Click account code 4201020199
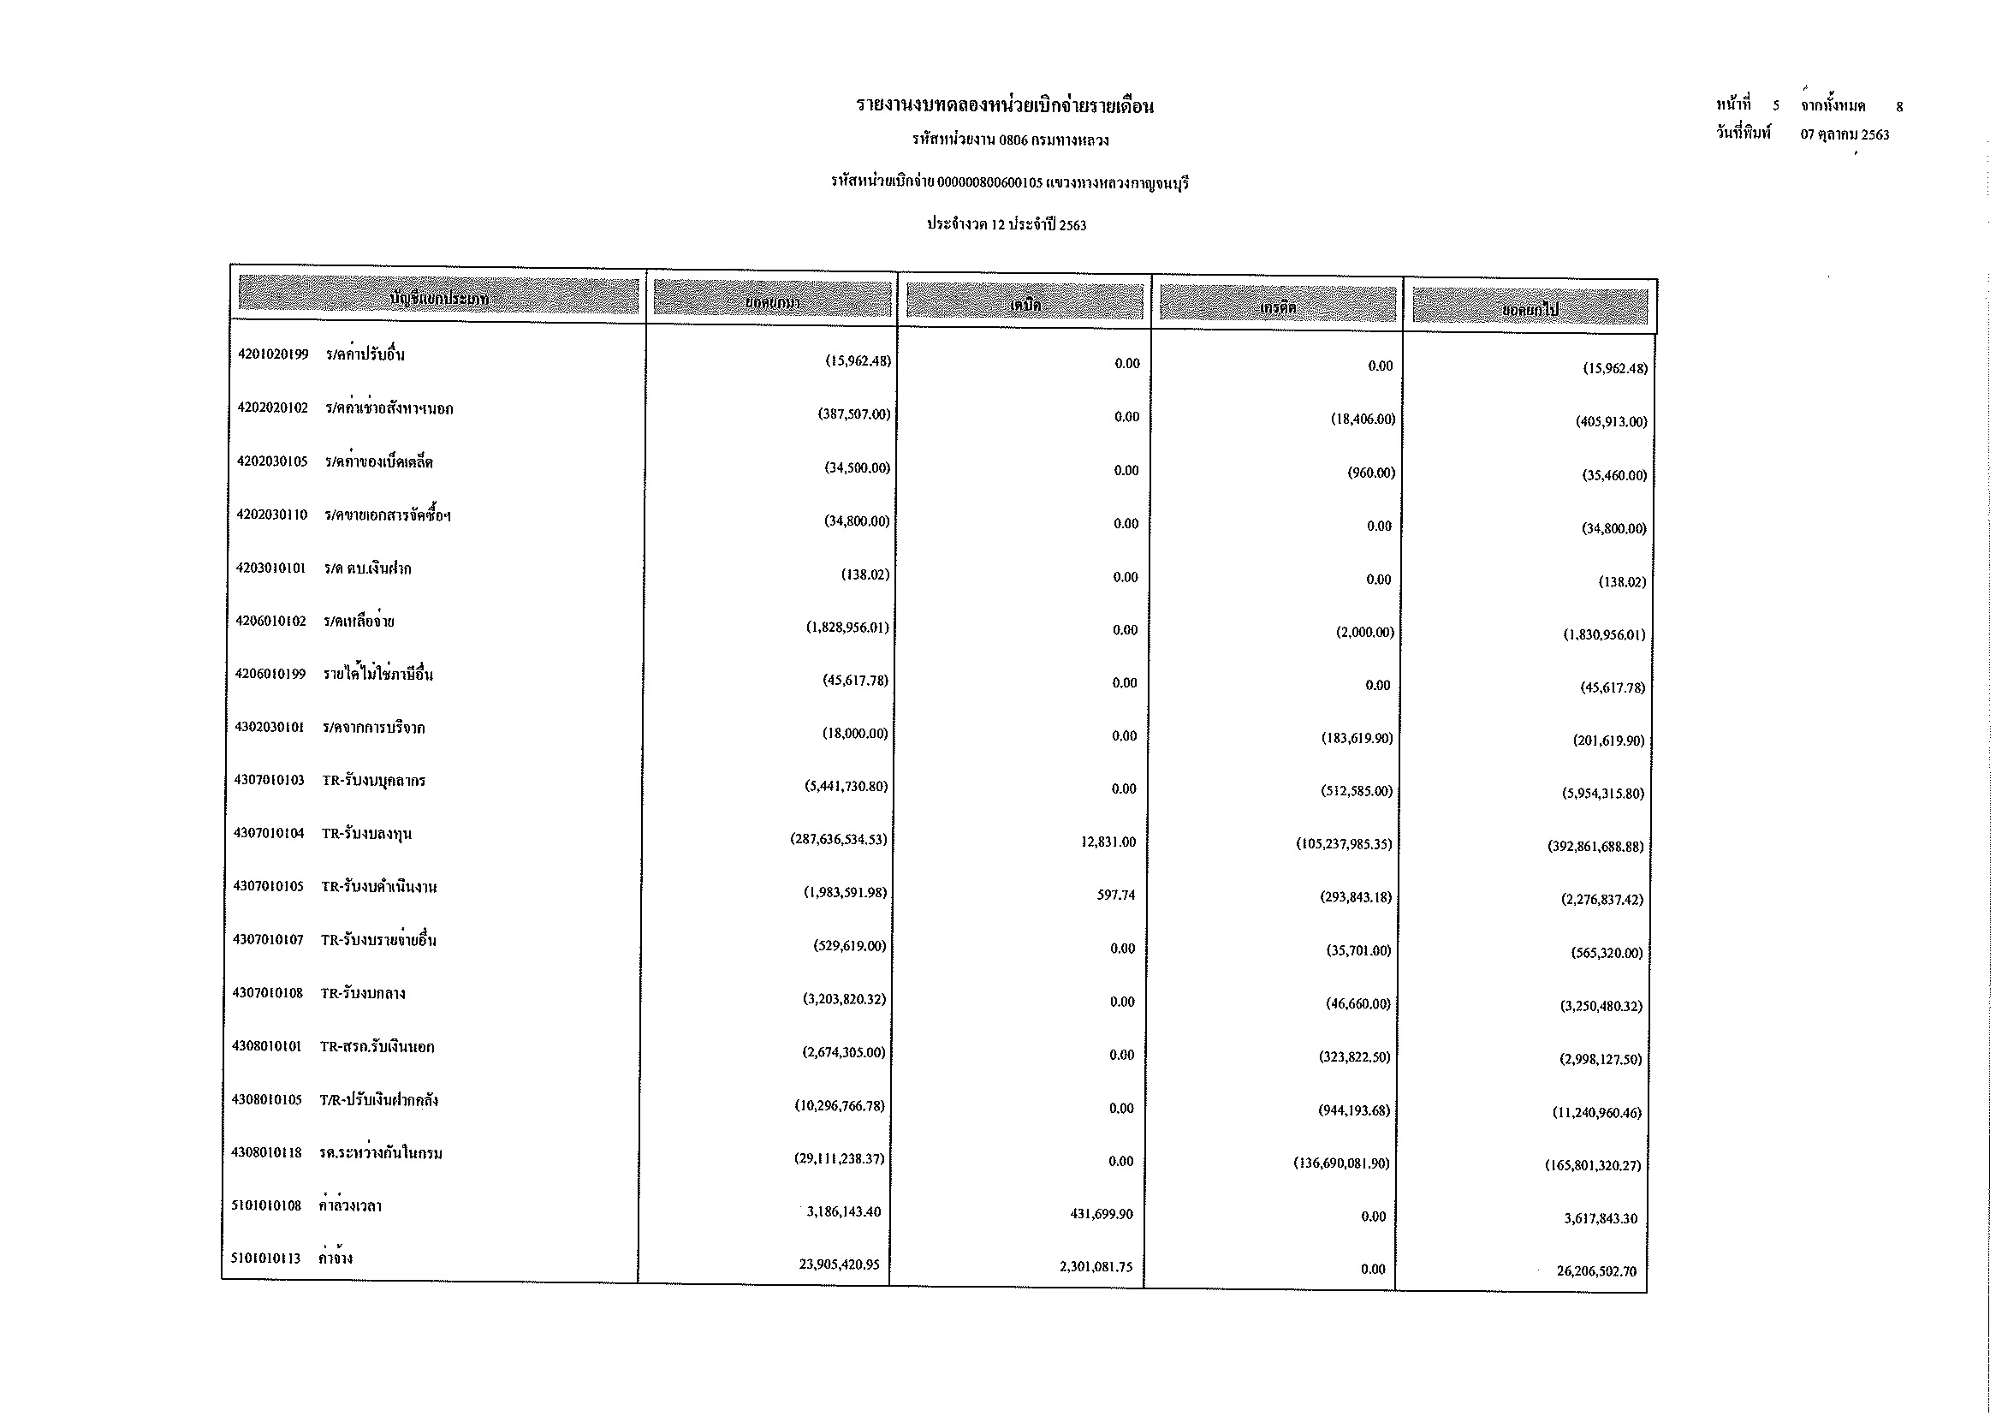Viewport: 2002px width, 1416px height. point(273,355)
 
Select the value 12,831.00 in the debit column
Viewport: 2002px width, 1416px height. point(1108,842)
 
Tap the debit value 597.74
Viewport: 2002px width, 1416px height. point(1116,895)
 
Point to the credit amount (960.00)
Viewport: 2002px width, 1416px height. point(1370,473)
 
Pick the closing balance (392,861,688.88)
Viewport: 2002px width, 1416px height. point(1595,847)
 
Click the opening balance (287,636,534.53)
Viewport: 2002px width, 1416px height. point(838,840)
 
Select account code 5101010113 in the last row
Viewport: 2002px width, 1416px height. point(266,1258)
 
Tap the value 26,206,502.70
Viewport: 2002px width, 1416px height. point(1596,1271)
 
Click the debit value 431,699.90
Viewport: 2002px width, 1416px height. point(1102,1215)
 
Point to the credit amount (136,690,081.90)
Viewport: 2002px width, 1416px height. point(1341,1163)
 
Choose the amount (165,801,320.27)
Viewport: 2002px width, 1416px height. point(1593,1166)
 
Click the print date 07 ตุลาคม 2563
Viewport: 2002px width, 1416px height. point(1845,134)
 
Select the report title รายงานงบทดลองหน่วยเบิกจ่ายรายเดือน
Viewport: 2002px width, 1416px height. point(1005,106)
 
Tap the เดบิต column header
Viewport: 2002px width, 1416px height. point(1025,304)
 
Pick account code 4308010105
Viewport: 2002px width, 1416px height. point(267,1100)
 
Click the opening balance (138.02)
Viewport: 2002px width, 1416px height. point(865,574)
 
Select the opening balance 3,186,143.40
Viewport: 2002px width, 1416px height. point(843,1212)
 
